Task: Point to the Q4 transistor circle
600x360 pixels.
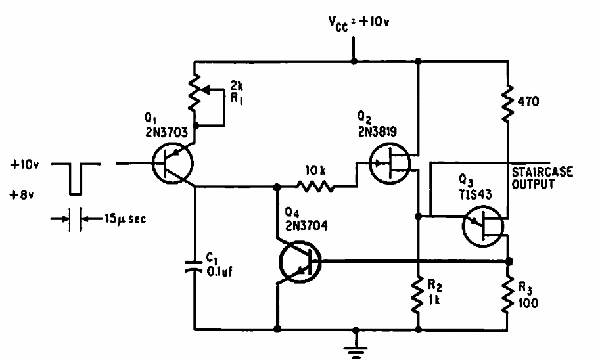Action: tap(299, 261)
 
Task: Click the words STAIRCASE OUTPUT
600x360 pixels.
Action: tap(542, 178)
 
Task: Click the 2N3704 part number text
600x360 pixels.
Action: tap(304, 228)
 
